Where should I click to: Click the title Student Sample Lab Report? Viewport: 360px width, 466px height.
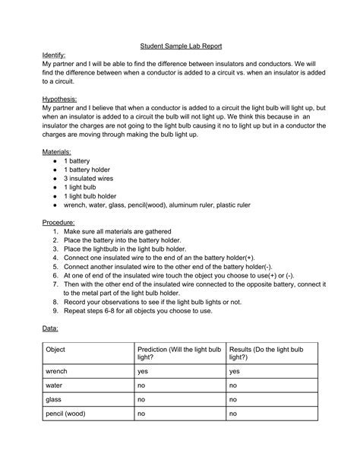pyautogui.click(x=180, y=45)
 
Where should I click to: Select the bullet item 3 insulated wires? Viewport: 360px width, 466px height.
pyautogui.click(x=93, y=173)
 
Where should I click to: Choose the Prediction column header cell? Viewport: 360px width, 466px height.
pyautogui.click(x=179, y=352)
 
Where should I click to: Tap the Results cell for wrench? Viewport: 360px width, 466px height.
pyautogui.click(x=235, y=372)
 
